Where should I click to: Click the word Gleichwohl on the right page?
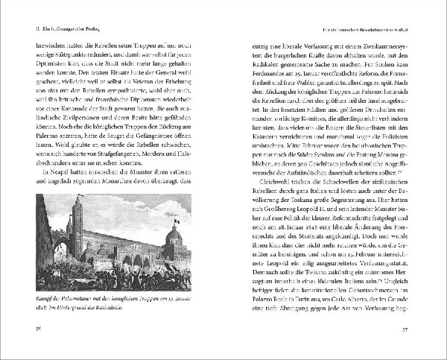coord(275,180)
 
